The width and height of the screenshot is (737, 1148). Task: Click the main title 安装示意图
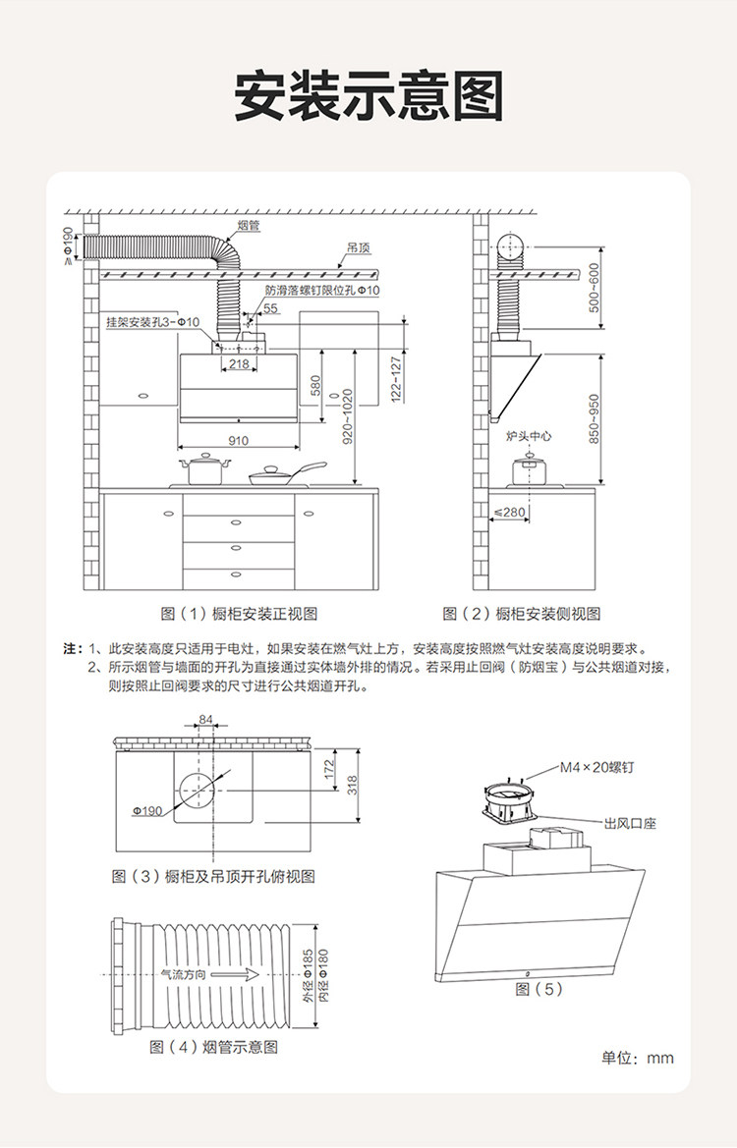click(x=368, y=96)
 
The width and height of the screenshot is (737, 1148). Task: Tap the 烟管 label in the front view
click(x=248, y=226)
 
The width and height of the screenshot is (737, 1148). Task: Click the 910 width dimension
click(x=239, y=441)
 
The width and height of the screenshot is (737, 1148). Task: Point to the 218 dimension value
click(x=238, y=364)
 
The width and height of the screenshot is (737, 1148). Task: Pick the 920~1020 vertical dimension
click(x=348, y=416)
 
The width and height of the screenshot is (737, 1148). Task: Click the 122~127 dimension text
click(x=397, y=379)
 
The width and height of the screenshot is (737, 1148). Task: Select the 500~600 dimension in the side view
click(x=594, y=287)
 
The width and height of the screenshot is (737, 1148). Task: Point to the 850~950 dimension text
click(x=594, y=419)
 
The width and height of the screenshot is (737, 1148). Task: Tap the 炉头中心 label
click(x=528, y=434)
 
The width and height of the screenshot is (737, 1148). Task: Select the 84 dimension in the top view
click(x=205, y=720)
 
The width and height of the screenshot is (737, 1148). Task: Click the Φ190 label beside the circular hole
click(x=147, y=811)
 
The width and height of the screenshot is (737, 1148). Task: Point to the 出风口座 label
click(x=630, y=823)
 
